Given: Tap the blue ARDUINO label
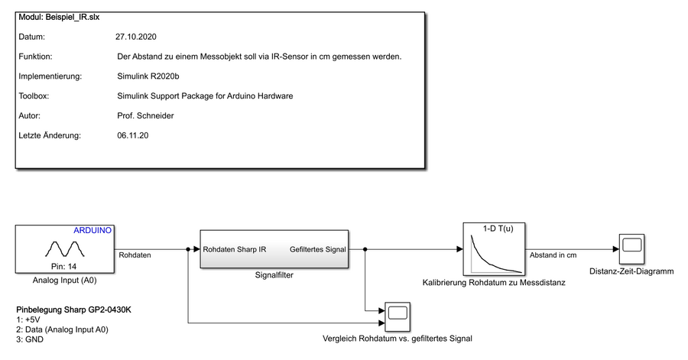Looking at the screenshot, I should (x=93, y=230).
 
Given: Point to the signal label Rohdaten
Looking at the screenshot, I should (x=134, y=255).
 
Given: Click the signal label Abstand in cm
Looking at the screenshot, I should (x=553, y=255).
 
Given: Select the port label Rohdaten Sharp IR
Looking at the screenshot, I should (x=235, y=249).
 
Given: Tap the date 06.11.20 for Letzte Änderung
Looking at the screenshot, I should (x=132, y=135).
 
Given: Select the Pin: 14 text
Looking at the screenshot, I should (x=64, y=267).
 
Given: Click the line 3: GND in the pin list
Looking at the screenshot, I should (x=30, y=339).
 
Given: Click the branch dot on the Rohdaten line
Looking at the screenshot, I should (x=188, y=249).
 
